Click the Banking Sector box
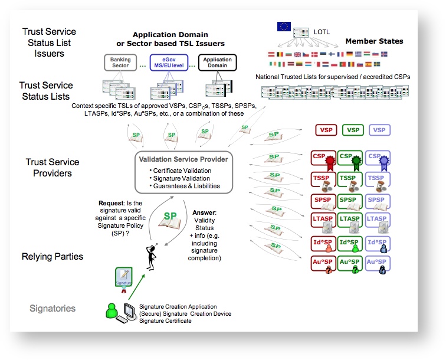120,62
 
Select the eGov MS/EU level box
168,62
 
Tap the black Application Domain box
217,62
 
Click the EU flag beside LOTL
284,27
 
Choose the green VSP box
353,130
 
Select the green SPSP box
350,201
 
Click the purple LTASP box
378,219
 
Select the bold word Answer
204,212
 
